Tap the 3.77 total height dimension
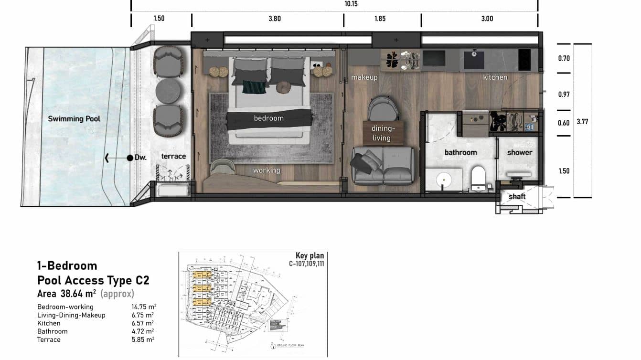click(582, 122)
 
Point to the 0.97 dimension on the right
click(564, 95)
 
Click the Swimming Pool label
click(74, 119)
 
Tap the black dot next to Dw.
click(129, 158)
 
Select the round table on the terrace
click(168, 91)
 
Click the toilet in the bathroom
click(478, 178)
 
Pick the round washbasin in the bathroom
click(444, 180)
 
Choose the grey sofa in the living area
click(383, 166)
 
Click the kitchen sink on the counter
click(474, 60)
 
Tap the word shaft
click(517, 196)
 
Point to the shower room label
click(519, 152)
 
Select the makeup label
click(364, 77)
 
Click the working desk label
click(267, 170)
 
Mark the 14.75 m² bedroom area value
click(144, 307)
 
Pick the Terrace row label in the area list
click(49, 339)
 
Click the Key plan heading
click(310, 256)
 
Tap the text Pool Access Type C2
click(93, 280)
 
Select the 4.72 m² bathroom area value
click(143, 331)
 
